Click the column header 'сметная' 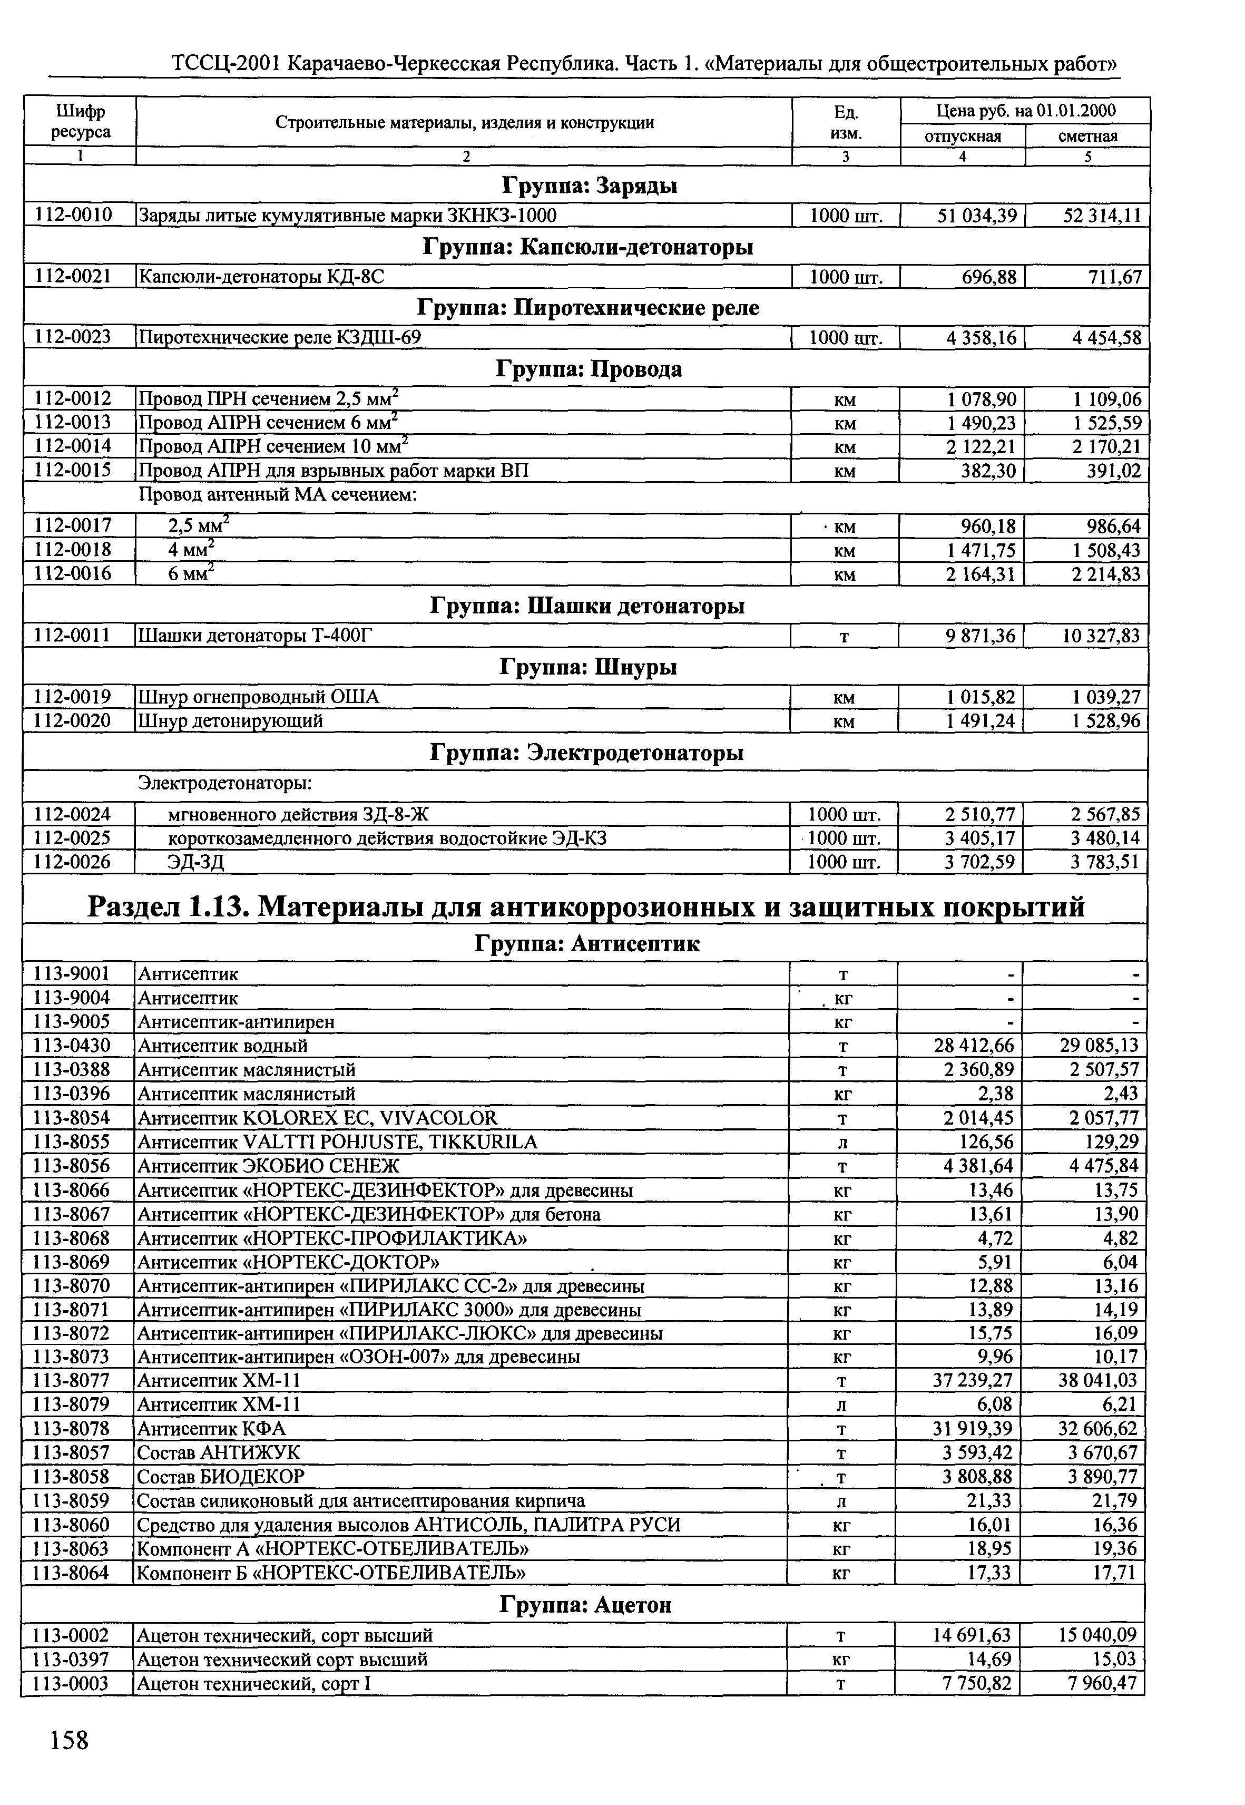click(x=1087, y=136)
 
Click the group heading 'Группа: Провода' click(x=589, y=369)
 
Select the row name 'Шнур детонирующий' click(x=231, y=721)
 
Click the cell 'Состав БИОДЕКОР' click(x=221, y=1477)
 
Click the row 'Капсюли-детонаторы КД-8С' click(x=261, y=276)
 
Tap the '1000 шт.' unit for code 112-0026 click(x=844, y=862)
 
